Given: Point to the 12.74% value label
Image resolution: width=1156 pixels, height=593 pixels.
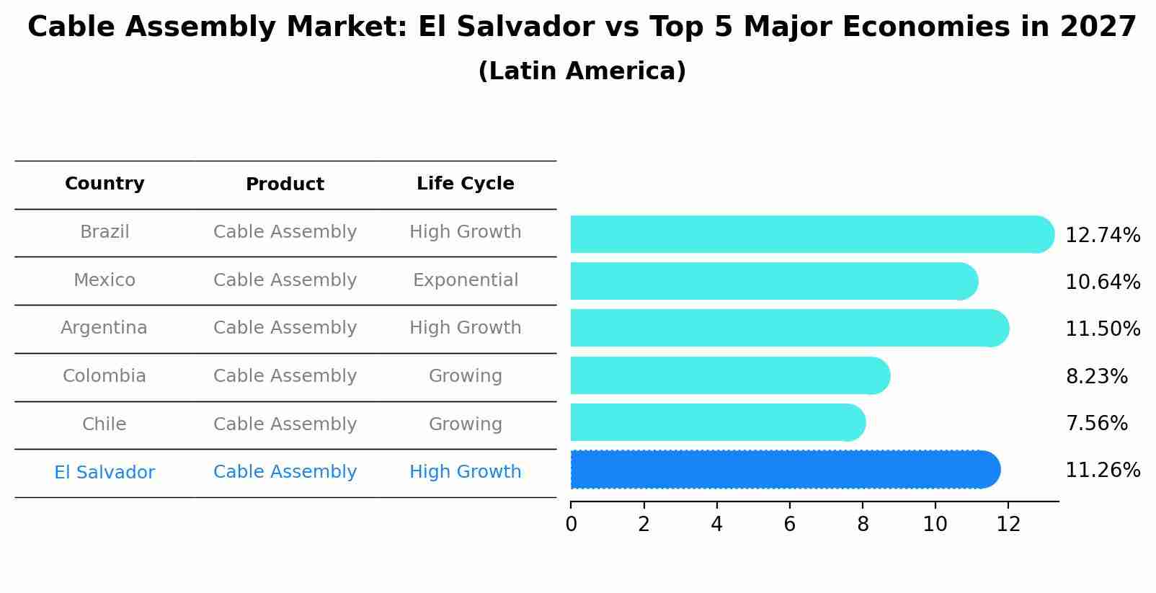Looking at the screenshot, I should (x=1102, y=236).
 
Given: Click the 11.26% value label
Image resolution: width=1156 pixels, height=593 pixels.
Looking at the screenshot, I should (x=1102, y=471).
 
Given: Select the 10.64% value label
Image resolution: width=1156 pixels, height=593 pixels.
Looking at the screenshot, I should (x=1102, y=282).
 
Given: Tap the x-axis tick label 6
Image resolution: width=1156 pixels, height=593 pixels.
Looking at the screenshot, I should (x=789, y=525).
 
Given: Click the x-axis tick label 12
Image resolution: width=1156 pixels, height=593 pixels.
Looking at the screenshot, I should (x=1008, y=525).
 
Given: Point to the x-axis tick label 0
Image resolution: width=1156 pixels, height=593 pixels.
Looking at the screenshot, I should (x=571, y=525).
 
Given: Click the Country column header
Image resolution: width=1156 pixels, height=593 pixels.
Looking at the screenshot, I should (x=105, y=184).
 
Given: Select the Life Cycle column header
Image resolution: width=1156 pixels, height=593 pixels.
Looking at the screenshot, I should (x=465, y=184).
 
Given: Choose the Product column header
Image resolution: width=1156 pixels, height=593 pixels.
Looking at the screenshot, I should (x=285, y=184).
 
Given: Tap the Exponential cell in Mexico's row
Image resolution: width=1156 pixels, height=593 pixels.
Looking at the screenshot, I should (x=465, y=280).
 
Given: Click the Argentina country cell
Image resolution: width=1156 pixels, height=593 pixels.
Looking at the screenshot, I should (x=104, y=328).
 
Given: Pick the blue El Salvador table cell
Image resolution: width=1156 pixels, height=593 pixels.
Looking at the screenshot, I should (x=105, y=473).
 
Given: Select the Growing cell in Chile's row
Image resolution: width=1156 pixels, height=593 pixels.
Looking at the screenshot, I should (x=465, y=424).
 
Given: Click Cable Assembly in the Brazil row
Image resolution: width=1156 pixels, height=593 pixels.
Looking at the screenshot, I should (x=285, y=232).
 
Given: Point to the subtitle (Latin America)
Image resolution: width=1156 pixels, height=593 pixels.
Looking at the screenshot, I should (x=582, y=71).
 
